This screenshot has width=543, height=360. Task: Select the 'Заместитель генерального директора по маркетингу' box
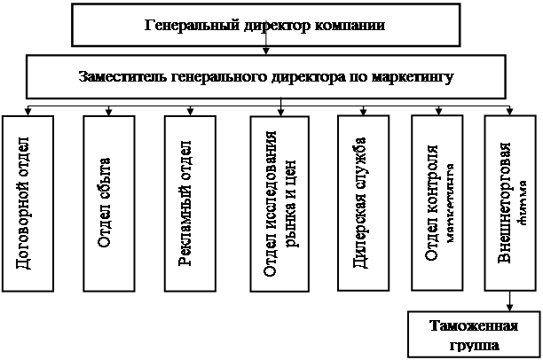[266, 77]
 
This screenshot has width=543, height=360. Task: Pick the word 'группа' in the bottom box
[473, 344]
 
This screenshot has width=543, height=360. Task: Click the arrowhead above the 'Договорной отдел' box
[29, 111]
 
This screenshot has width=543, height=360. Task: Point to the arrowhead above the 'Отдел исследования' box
[280, 111]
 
